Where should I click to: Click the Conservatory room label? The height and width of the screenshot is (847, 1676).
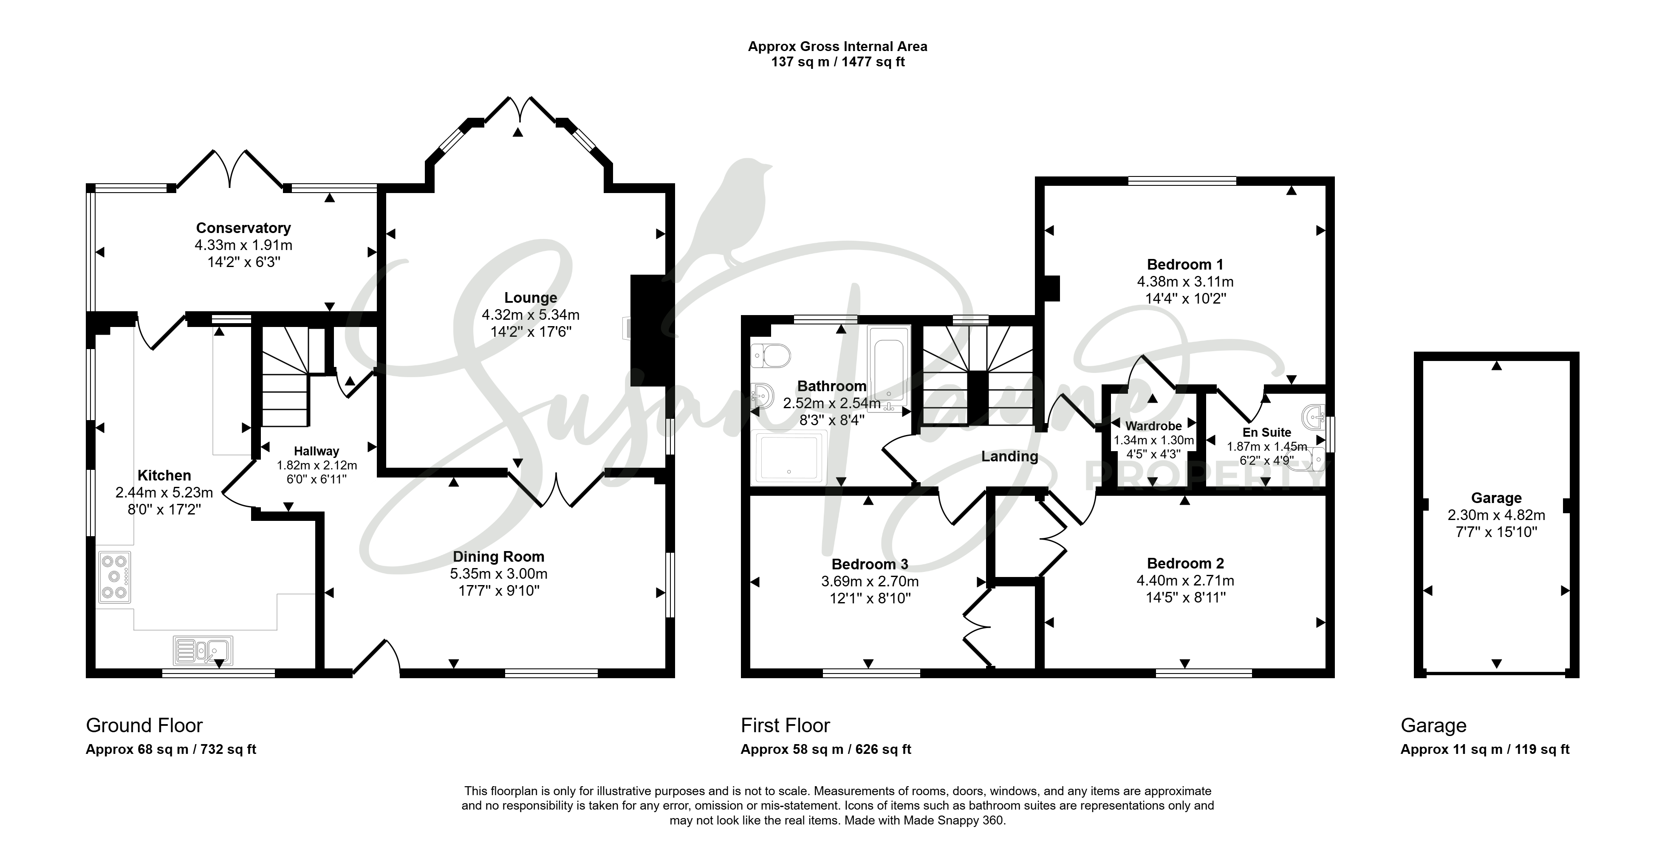pos(243,228)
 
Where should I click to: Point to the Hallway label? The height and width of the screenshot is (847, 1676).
pos(316,451)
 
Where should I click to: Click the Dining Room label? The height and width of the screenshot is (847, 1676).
pos(498,557)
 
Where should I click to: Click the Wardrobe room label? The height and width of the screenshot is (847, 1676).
pos(1153,426)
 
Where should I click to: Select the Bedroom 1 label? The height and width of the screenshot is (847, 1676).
pos(1185,264)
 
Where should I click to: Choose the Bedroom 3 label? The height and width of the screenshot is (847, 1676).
pos(870,564)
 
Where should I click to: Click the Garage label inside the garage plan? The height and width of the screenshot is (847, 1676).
pos(1496,498)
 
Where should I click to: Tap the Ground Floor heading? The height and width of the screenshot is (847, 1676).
pos(144,725)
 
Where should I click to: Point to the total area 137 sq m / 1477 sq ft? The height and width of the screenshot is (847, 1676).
pos(838,62)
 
